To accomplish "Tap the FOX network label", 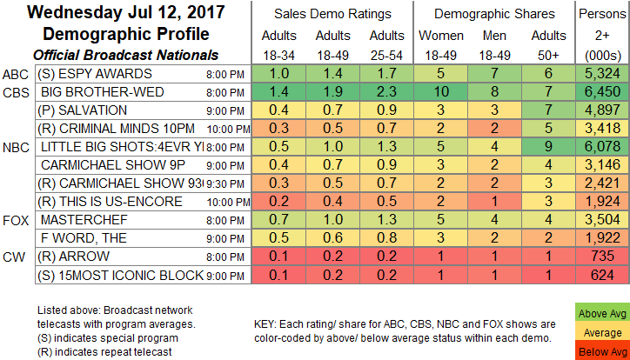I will [x=16, y=219].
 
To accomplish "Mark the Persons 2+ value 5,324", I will [x=601, y=73].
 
